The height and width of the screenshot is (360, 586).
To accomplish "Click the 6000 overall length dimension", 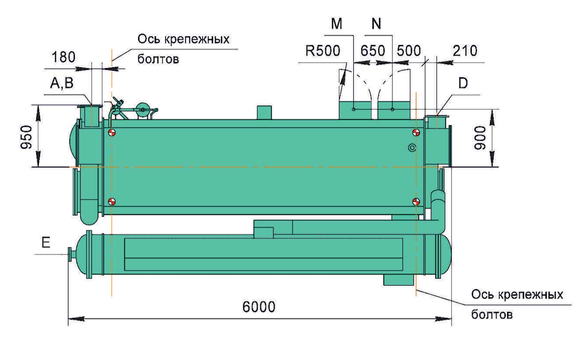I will (x=259, y=307).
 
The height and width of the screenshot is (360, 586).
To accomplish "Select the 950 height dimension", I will (x=27, y=137).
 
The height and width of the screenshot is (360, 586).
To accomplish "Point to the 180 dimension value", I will (x=63, y=57).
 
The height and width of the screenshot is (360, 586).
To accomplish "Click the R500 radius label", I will (x=323, y=51).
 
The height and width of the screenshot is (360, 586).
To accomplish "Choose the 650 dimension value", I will (x=372, y=51).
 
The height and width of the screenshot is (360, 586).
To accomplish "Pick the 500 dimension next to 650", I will (x=409, y=51).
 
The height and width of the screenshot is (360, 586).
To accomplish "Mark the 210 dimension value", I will (x=465, y=51).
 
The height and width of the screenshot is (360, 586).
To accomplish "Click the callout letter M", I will (x=337, y=24).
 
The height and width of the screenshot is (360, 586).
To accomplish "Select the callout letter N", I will (x=376, y=24).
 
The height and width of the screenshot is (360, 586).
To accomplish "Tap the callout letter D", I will (x=463, y=83).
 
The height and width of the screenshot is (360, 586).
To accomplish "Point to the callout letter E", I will (x=46, y=242).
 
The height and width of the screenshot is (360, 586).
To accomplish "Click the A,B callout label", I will (x=62, y=83).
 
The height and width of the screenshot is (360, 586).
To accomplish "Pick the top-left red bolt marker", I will (x=112, y=133).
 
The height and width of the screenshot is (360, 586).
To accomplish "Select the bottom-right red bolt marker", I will (x=416, y=202).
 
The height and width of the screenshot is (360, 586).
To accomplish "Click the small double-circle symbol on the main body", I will (x=412, y=148).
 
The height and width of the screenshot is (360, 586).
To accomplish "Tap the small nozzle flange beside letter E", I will (x=70, y=254).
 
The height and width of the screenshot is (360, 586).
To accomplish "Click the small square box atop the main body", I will (x=264, y=112).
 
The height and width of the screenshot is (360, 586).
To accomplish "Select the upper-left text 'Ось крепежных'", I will (x=183, y=39).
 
